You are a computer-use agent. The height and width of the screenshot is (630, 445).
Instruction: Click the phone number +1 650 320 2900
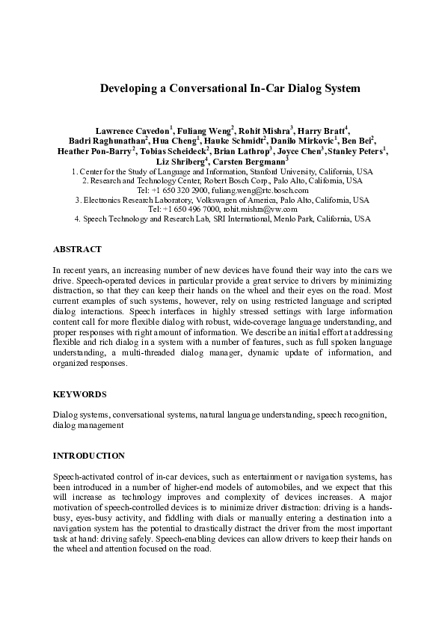pyautogui.click(x=184, y=191)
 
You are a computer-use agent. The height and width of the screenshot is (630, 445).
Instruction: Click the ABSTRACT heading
pyautogui.click(x=77, y=249)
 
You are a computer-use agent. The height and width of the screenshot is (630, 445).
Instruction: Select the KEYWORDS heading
pyautogui.click(x=79, y=394)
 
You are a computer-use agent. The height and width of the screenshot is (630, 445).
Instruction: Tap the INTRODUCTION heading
pyautogui.click(x=89, y=455)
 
